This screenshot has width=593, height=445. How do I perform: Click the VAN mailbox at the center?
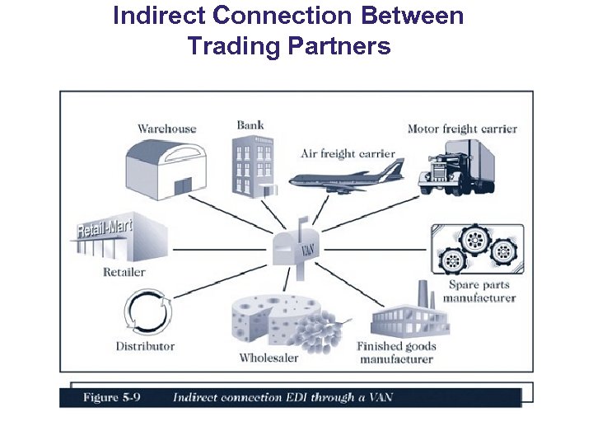[x=296, y=244]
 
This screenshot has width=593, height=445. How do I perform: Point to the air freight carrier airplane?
[x=346, y=177]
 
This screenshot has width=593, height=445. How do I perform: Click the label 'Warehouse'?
[x=166, y=128]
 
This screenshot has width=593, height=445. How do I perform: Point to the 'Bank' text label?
[x=250, y=125]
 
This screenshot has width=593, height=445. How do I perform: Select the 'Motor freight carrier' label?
[x=462, y=129]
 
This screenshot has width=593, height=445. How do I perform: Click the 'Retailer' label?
[x=124, y=272]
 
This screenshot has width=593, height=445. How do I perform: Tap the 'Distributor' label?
[x=145, y=346]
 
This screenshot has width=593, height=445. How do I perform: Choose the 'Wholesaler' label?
[x=268, y=358]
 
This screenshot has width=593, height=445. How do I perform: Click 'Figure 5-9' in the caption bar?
[x=111, y=397]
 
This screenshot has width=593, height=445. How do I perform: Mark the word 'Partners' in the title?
[x=339, y=46]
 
